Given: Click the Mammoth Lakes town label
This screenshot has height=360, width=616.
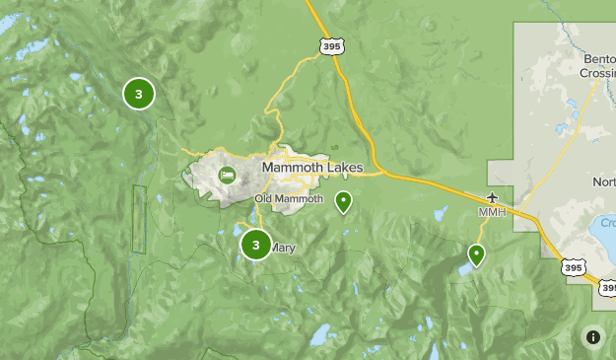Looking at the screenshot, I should [312, 168].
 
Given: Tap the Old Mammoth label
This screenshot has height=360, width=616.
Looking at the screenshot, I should [289, 199].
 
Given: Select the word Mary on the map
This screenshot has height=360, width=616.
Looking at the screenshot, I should [283, 249].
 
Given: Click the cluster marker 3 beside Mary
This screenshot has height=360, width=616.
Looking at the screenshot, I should [255, 245].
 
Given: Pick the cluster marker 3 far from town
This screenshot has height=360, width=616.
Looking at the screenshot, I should [139, 94].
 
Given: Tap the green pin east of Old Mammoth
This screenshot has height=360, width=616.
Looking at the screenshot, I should [343, 202].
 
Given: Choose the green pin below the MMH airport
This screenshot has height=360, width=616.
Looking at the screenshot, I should [476, 254].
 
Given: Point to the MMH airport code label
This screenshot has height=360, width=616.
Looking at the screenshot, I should [491, 212].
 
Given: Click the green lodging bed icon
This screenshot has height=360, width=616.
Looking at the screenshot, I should [228, 175].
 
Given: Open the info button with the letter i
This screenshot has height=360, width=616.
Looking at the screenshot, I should [593, 336].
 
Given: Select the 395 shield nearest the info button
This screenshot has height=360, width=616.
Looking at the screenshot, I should [573, 266].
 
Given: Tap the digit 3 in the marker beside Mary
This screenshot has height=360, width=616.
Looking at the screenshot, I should [255, 245].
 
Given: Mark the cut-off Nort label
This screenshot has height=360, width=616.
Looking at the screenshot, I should [603, 181].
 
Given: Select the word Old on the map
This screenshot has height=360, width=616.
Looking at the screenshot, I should [263, 199].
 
